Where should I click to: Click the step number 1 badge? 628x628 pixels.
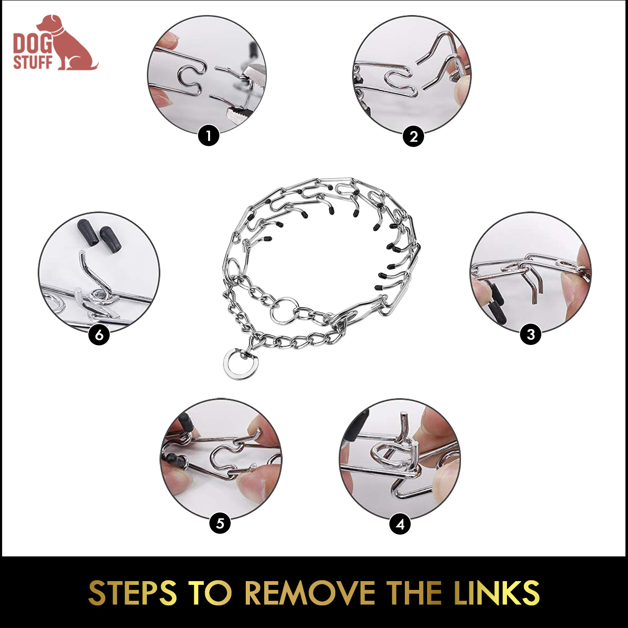pyautogui.click(x=208, y=136)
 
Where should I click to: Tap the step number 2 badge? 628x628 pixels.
pyautogui.click(x=413, y=136)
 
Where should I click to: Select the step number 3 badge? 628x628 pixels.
pyautogui.click(x=530, y=335)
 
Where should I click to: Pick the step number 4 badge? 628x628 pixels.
pyautogui.click(x=400, y=524)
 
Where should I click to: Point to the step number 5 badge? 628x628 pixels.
pyautogui.click(x=220, y=523)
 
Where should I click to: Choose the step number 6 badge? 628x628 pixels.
pyautogui.click(x=99, y=335)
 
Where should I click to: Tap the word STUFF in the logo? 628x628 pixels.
pyautogui.click(x=33, y=62)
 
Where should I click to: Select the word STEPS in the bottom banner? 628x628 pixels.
pyautogui.click(x=133, y=593)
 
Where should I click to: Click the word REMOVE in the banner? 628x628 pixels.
pyautogui.click(x=310, y=593)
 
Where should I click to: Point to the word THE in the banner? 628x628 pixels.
pyautogui.click(x=414, y=593)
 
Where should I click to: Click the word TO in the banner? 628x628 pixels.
pyautogui.click(x=210, y=593)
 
